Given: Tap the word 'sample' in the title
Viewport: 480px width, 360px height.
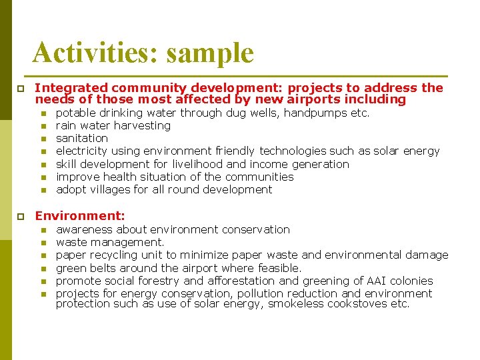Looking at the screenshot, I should pos(210,53).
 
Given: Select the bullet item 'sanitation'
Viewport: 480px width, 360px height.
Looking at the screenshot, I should pos(81,139).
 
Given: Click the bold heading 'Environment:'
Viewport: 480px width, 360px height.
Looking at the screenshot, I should pos(80,216).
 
